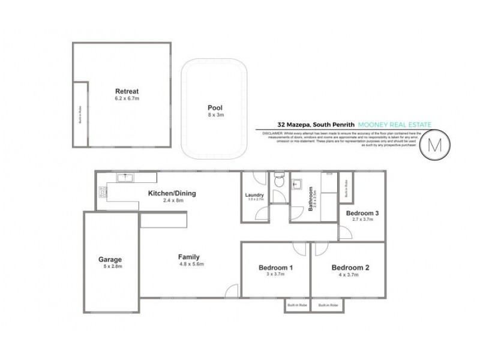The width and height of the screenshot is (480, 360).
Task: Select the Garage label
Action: pyautogui.click(x=110, y=260)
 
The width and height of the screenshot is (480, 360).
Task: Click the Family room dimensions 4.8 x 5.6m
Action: pyautogui.click(x=192, y=264)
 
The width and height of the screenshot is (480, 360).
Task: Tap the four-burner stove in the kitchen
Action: pyautogui.click(x=103, y=193)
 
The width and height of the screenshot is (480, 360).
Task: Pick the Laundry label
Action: pyautogui.click(x=255, y=194)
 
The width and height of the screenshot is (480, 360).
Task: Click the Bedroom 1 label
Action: pyautogui.click(x=275, y=268)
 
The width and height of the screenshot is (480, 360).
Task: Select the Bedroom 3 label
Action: pyautogui.click(x=362, y=213)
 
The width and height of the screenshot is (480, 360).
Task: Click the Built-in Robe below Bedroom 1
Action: pyautogui.click(x=296, y=305)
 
